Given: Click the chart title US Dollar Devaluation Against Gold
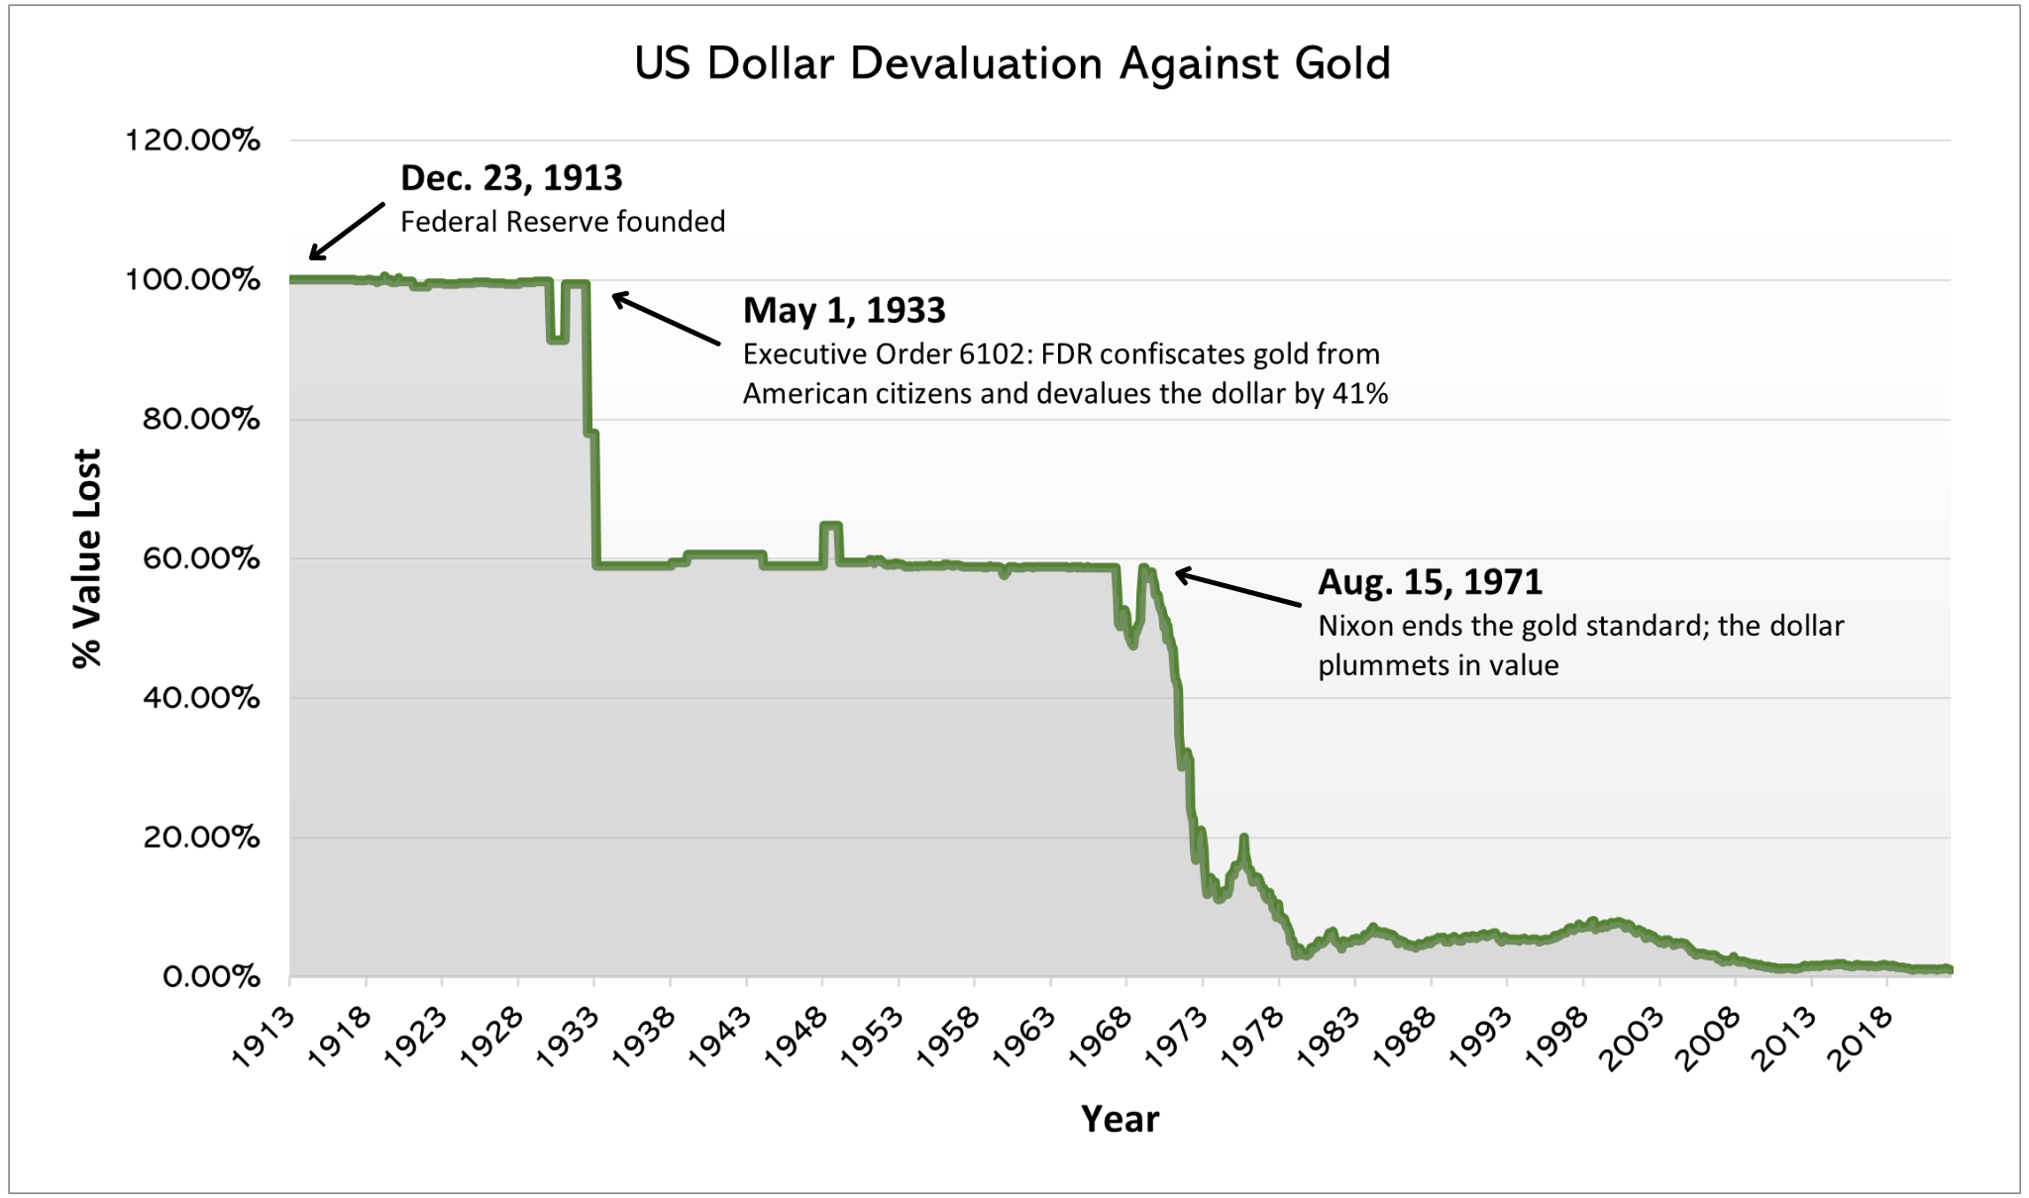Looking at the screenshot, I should pos(1013,64).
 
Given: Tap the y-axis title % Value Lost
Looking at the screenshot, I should pos(87,558).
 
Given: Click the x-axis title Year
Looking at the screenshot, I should pos(1120,1119).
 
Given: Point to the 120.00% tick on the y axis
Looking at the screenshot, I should pos(192,140).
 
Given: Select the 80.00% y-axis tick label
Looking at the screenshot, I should pos(201,419).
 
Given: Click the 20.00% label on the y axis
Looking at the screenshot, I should pos(201,838).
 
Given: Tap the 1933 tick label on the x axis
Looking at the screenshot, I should pos(569,1037).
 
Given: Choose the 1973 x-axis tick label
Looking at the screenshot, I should pos(1177,1037).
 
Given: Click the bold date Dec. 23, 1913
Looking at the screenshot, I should pos(511,178).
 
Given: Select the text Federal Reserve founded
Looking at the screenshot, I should pos(563,222).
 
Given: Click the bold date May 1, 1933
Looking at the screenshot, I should pos(844,311).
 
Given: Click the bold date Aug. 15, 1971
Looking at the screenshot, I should pos(1430,582).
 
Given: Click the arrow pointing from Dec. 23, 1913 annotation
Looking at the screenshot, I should pos(347,231).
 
